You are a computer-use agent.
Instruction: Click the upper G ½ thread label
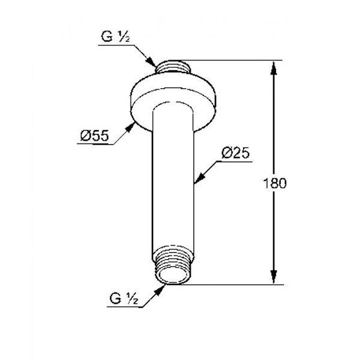115,37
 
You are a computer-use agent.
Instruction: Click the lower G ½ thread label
124,299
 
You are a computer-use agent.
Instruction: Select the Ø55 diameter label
94,136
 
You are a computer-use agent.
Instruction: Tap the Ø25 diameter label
235,152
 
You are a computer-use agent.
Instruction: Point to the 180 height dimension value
275,183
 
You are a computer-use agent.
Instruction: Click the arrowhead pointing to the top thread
151,62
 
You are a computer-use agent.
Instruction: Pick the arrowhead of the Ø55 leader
130,127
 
